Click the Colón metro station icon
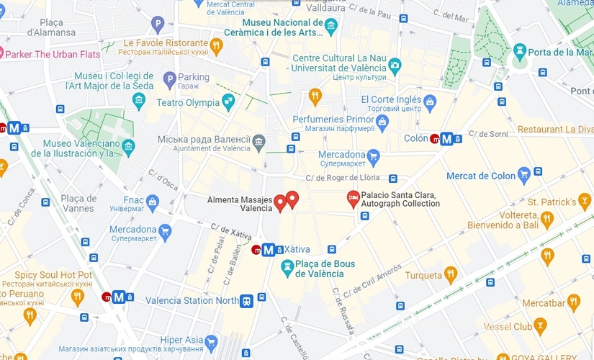tap(446, 139)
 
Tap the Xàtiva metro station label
tap(297, 249)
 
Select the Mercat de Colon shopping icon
tap(524, 174)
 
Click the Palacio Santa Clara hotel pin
tap(353, 197)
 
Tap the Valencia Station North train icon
tap(247, 300)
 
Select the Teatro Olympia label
tap(188, 102)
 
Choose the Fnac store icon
tap(152, 202)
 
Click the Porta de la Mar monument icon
tap(520, 50)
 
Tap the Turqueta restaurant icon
tap(451, 274)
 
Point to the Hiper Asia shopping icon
tap(211, 341)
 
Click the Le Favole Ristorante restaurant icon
tap(216, 46)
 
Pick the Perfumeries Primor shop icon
tap(382, 121)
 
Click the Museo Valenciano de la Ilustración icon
tap(129, 147)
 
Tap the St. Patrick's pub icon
tap(584, 202)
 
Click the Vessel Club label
tap(534, 328)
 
